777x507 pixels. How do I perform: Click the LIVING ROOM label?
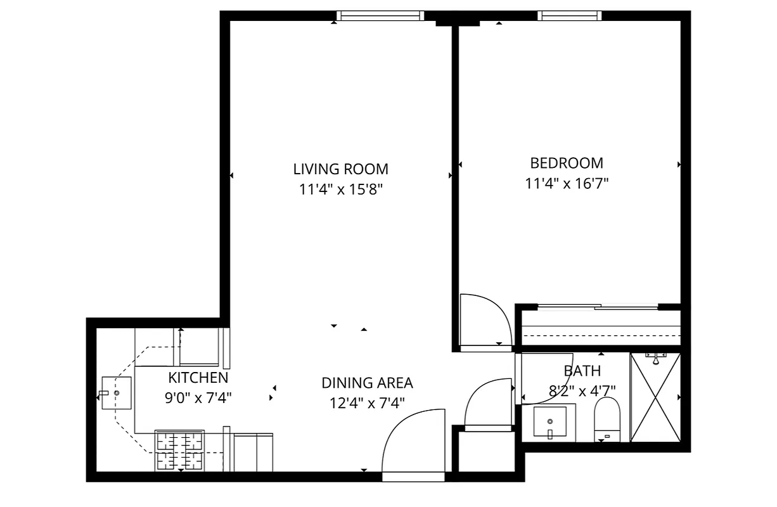click(340, 169)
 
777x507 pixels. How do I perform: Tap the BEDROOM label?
click(566, 163)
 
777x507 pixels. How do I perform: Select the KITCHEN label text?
click(198, 378)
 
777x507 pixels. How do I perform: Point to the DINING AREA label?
click(367, 383)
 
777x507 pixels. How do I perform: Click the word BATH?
click(582, 371)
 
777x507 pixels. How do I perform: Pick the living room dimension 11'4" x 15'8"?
click(340, 189)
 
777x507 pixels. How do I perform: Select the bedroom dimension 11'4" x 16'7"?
click(566, 184)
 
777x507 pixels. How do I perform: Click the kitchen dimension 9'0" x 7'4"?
click(198, 398)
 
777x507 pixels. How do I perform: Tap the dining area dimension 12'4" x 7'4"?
click(367, 402)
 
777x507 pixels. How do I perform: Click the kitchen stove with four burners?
click(181, 451)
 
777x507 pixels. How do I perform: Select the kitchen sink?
click(116, 393)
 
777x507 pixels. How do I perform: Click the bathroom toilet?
click(607, 420)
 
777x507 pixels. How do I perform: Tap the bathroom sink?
click(549, 421)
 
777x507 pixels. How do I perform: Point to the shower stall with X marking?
click(655, 397)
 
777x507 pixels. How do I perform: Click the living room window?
click(380, 16)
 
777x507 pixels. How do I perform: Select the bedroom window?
click(568, 16)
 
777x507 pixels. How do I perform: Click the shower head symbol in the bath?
click(655, 359)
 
